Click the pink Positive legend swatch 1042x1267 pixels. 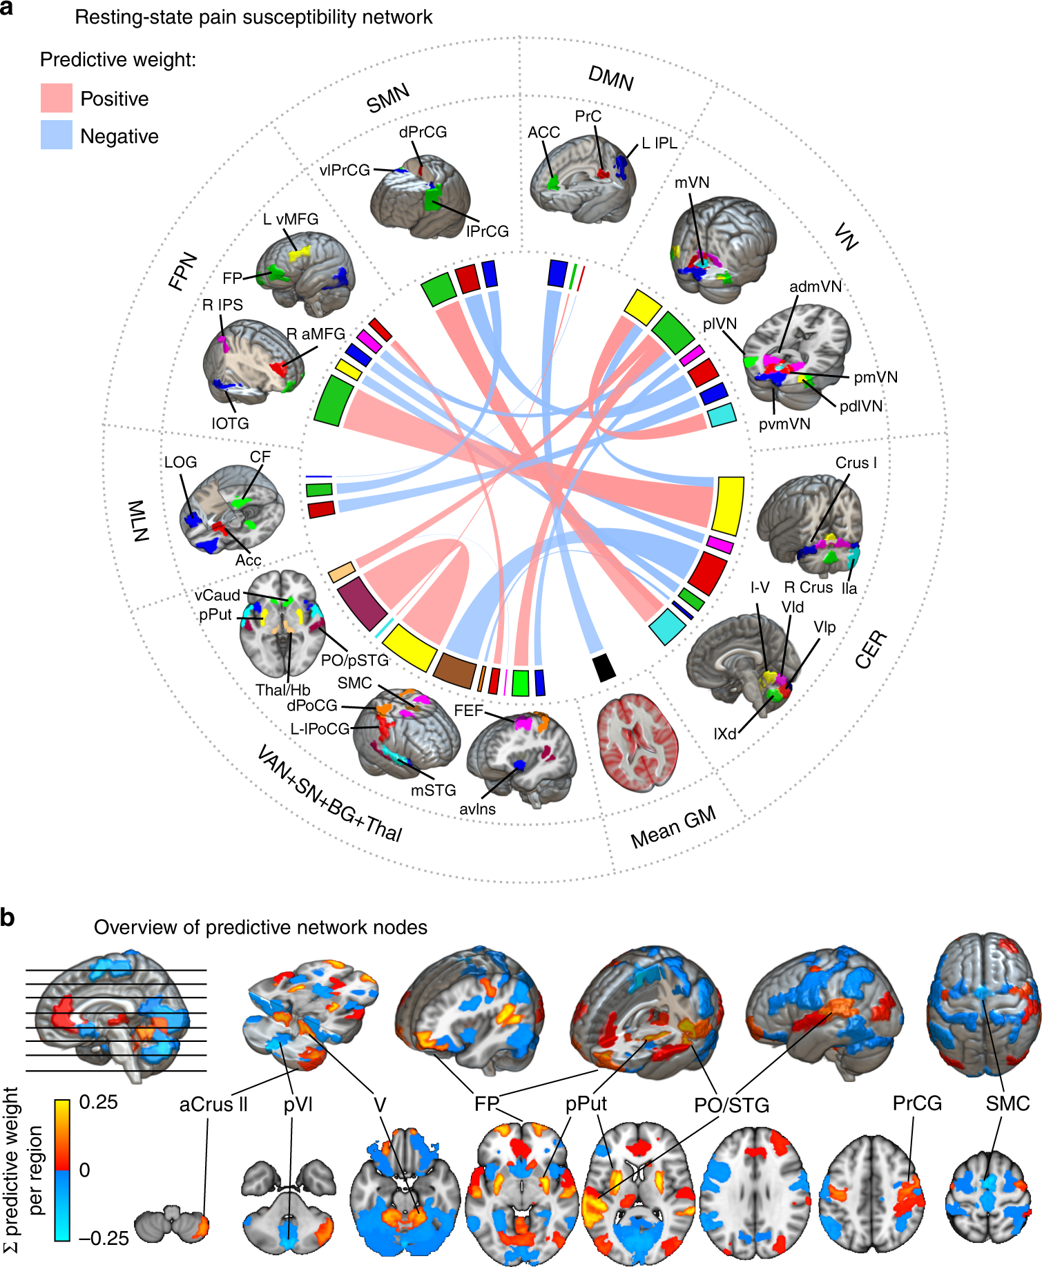(x=57, y=98)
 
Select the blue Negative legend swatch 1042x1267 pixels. (x=57, y=135)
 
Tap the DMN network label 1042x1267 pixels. (x=611, y=78)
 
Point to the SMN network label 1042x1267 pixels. (x=388, y=98)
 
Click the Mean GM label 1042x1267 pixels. (x=673, y=826)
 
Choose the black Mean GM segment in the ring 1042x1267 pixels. (x=604, y=667)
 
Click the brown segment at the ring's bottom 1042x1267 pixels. (x=455, y=670)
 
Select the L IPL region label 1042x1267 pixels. (x=659, y=143)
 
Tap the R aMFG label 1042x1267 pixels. (x=316, y=334)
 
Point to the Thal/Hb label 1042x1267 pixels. (x=282, y=690)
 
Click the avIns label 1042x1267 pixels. (x=478, y=809)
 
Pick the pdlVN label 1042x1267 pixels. (x=861, y=406)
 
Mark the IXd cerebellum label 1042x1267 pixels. (x=725, y=734)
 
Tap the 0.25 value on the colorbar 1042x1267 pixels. (x=99, y=1102)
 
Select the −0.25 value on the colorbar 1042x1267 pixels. (x=104, y=1238)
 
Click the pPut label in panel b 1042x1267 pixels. (x=586, y=1104)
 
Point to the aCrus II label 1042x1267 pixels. (x=213, y=1105)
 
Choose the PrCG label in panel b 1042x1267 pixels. (x=917, y=1103)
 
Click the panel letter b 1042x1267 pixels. (x=8, y=919)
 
